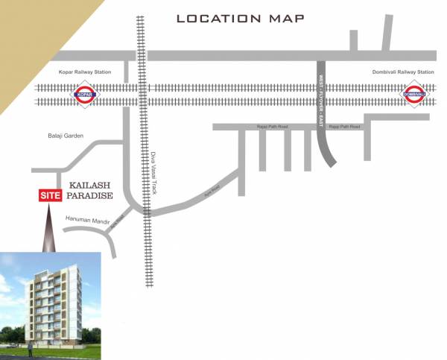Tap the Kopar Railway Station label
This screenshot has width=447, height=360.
click(x=84, y=72)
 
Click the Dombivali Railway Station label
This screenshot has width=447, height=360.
click(x=402, y=72)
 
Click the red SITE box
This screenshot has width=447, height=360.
click(x=50, y=195)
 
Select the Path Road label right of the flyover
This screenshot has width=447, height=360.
click(x=345, y=127)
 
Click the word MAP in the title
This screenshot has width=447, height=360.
click(x=288, y=19)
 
